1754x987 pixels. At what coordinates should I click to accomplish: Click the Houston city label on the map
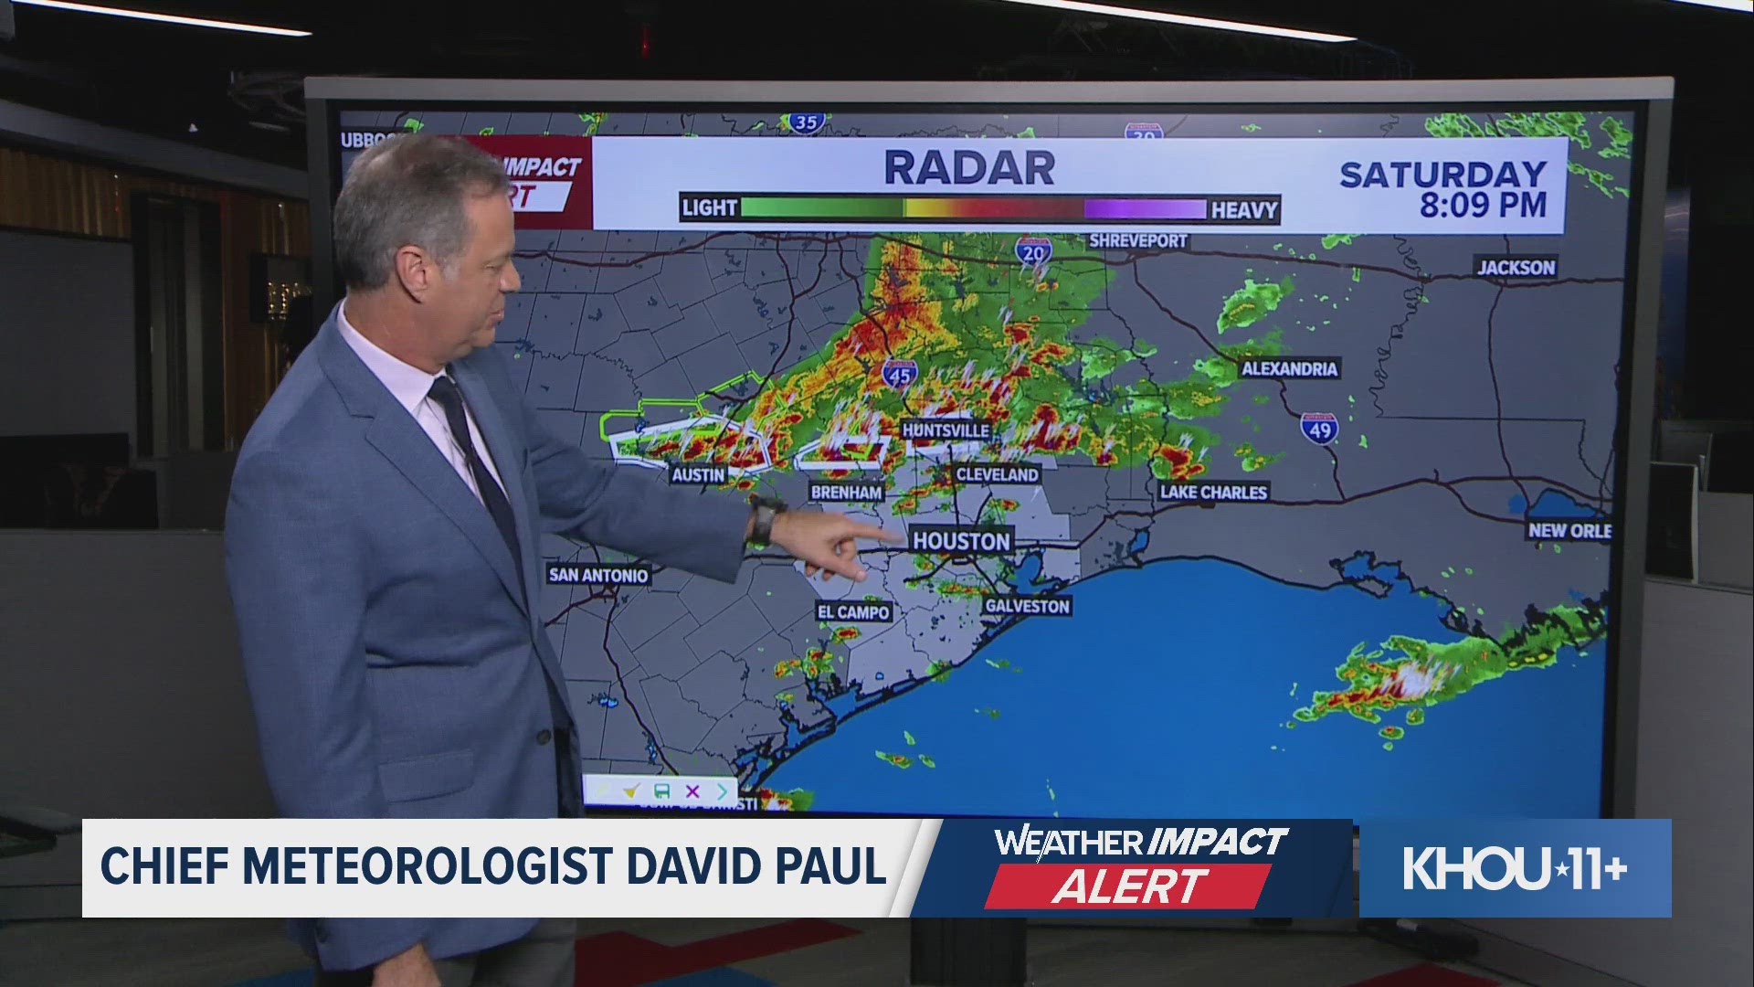(x=961, y=541)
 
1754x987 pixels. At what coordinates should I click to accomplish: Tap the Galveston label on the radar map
(x=1027, y=606)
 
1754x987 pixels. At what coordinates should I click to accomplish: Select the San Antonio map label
(x=598, y=575)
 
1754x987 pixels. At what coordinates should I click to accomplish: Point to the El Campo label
(x=852, y=611)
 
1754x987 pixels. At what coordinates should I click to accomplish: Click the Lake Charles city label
(x=1213, y=492)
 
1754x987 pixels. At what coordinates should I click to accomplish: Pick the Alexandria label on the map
(x=1289, y=368)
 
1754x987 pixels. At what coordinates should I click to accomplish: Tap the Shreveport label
(x=1137, y=241)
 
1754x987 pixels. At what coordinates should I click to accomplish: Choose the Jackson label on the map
(x=1516, y=267)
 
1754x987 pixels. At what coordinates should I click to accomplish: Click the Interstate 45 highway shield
(x=900, y=373)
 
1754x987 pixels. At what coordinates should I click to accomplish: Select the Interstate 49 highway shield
(x=1319, y=428)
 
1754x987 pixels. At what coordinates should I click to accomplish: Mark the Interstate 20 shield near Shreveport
(x=1032, y=250)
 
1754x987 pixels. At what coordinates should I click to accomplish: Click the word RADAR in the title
(x=969, y=168)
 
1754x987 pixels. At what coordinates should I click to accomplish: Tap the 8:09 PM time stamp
(x=1482, y=205)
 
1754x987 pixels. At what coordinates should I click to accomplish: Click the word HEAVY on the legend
(x=1243, y=210)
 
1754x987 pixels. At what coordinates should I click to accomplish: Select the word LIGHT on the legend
(x=710, y=208)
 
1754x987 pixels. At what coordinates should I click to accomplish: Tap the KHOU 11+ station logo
(x=1515, y=868)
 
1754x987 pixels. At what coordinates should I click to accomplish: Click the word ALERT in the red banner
(x=1129, y=886)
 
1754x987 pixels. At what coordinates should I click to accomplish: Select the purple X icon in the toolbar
(x=692, y=791)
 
